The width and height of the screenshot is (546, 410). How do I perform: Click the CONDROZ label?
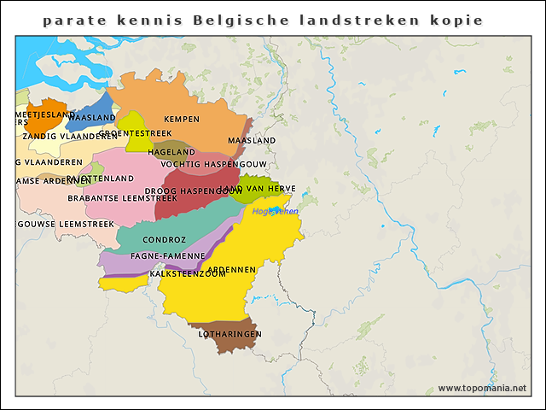[159, 240]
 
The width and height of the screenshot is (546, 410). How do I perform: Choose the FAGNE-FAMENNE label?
[167, 255]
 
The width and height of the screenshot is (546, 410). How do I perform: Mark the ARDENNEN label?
[231, 269]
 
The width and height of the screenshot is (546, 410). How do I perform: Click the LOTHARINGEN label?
[229, 334]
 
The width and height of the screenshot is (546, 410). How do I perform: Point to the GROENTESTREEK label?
[136, 133]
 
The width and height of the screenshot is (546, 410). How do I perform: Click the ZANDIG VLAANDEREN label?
[70, 136]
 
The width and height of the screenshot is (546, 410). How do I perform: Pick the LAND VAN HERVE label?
[260, 189]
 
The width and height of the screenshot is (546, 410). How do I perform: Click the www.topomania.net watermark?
[481, 388]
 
